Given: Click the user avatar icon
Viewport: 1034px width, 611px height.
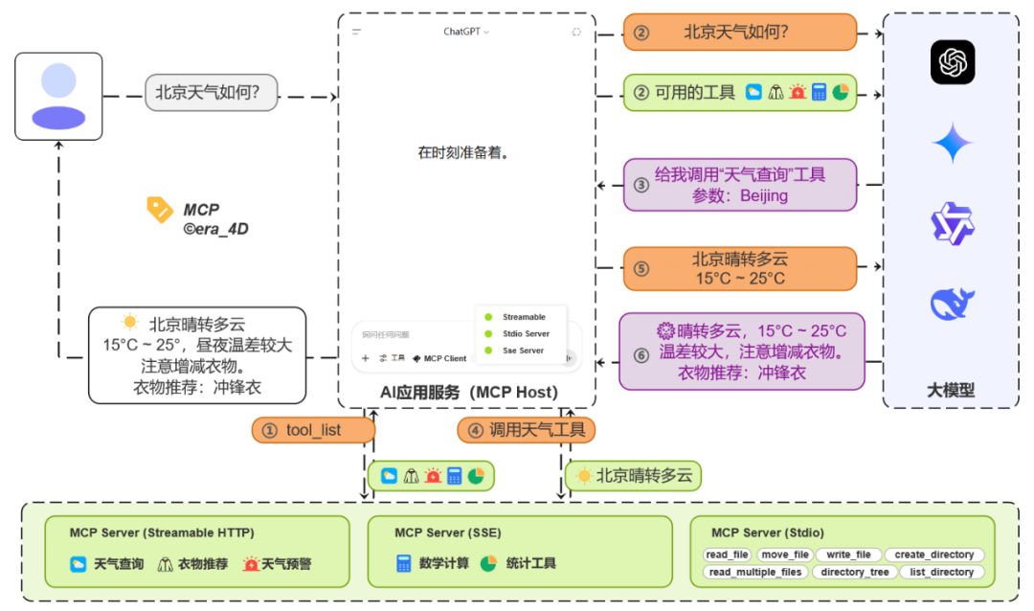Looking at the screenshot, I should click(58, 96).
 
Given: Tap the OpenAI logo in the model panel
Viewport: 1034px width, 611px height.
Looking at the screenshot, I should click(952, 63).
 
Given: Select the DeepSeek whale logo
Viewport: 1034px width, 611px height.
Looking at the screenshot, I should click(952, 303).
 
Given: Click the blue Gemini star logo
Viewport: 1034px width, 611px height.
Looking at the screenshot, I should click(952, 144).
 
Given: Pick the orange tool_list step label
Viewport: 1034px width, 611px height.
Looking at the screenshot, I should click(313, 430).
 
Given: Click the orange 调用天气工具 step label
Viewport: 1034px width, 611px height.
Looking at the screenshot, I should click(526, 430).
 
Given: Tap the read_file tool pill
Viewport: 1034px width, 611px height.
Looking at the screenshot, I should click(728, 554).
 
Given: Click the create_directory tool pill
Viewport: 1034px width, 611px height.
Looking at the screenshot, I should click(933, 554).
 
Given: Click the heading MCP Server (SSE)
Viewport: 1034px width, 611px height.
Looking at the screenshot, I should click(447, 532).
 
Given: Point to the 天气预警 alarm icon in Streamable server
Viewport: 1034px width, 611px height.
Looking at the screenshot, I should click(251, 564).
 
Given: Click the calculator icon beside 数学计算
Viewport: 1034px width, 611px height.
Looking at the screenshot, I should click(404, 563).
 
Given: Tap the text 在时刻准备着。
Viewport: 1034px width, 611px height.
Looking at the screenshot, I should click(462, 152).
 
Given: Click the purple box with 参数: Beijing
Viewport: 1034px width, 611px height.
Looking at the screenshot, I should click(739, 185).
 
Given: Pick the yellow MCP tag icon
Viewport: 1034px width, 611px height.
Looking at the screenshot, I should click(159, 210).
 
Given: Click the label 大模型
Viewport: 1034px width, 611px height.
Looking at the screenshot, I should click(950, 390).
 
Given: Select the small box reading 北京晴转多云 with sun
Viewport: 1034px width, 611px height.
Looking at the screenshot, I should click(633, 475).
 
